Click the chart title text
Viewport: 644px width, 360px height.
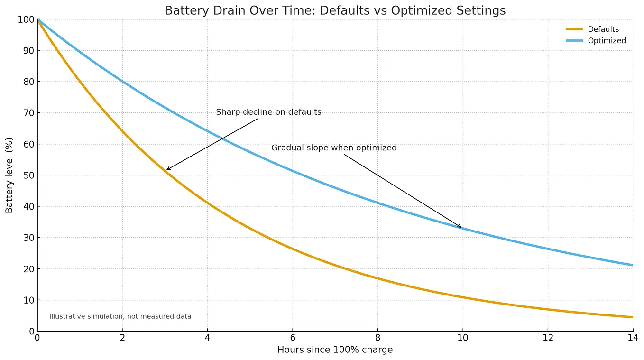[x=335, y=10]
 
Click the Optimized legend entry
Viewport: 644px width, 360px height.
[x=596, y=40]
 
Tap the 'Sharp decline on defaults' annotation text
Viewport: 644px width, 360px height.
[x=268, y=112]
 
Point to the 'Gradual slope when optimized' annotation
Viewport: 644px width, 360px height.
[x=334, y=148]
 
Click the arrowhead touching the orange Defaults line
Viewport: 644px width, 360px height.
[x=168, y=169]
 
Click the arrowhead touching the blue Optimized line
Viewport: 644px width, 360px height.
[x=460, y=226]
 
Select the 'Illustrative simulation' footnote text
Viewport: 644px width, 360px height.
[x=120, y=316]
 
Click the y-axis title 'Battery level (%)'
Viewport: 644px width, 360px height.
[x=9, y=175]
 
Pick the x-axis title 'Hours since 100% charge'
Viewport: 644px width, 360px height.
[x=335, y=350]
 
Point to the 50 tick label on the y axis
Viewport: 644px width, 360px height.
[x=29, y=175]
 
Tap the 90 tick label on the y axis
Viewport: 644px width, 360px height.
[x=29, y=51]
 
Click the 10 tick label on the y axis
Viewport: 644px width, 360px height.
[x=29, y=300]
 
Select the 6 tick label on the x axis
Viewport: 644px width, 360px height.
[x=293, y=338]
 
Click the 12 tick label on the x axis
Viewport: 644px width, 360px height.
[x=548, y=338]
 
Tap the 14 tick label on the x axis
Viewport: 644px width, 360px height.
[x=633, y=338]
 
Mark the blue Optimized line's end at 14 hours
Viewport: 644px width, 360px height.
[x=633, y=265]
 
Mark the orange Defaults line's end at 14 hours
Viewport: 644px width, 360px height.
[x=633, y=317]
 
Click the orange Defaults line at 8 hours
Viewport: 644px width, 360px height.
[x=378, y=278]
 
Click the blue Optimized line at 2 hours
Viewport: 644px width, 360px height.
[x=122, y=82]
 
